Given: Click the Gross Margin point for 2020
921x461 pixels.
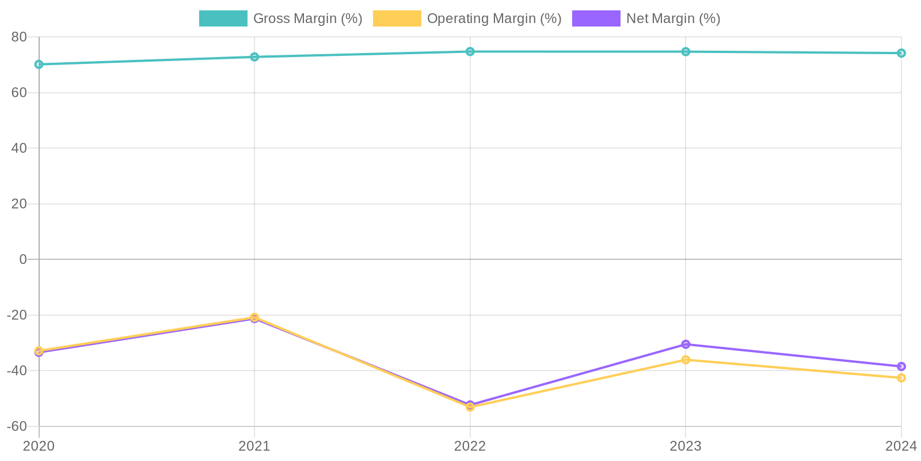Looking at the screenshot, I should point(39,65).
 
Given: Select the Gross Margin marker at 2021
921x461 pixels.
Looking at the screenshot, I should point(254,57).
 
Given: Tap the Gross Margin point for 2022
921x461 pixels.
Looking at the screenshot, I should point(470,52).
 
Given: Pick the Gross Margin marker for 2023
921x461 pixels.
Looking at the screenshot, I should point(686,52).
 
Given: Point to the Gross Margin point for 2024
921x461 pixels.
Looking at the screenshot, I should point(901,53).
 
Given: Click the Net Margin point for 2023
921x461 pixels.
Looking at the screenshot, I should point(686,345).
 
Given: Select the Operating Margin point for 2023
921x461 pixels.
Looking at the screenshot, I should point(686,360).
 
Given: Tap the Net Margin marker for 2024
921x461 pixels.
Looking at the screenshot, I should point(901,366).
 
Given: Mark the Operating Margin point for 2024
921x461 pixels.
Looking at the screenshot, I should point(901,378).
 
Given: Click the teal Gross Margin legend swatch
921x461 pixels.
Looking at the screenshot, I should point(223,18).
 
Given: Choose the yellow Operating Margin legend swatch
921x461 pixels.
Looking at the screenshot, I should point(397,18).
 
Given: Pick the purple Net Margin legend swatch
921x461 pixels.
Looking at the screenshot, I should point(596,18).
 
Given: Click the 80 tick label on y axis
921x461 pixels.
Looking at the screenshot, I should point(19,37).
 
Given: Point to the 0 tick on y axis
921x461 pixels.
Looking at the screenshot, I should point(23,259).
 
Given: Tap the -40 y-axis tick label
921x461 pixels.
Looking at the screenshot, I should point(17,371).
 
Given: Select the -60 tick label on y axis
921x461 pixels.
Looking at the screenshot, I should point(17,426).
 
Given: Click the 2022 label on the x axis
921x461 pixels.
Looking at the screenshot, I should point(470,446).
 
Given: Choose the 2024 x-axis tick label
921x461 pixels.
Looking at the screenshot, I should point(901,446).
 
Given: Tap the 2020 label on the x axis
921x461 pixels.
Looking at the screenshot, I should point(39,446).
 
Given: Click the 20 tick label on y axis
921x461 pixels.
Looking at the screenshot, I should point(19,204).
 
